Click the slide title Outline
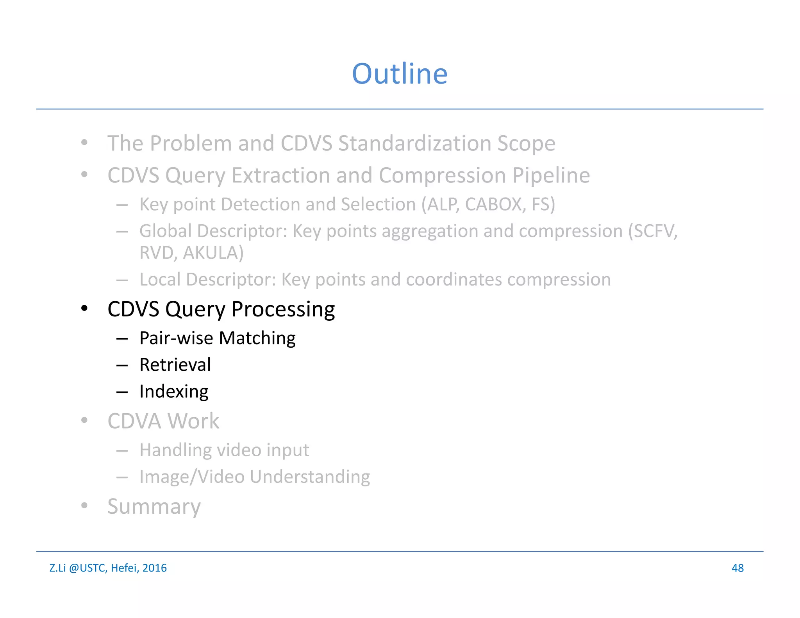pos(400,74)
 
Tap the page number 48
pos(737,568)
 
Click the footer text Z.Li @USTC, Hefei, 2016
pos(108,568)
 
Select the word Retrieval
pos(175,365)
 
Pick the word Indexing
pos(174,392)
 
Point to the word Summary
pos(154,507)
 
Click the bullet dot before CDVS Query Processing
pos(84,309)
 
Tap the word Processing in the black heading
pos(283,310)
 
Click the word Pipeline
pos(551,175)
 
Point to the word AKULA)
pos(213,253)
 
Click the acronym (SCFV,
pos(653,231)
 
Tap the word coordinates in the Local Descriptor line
pos(454,280)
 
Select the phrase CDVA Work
pos(163,421)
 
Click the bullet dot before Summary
pos(84,506)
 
